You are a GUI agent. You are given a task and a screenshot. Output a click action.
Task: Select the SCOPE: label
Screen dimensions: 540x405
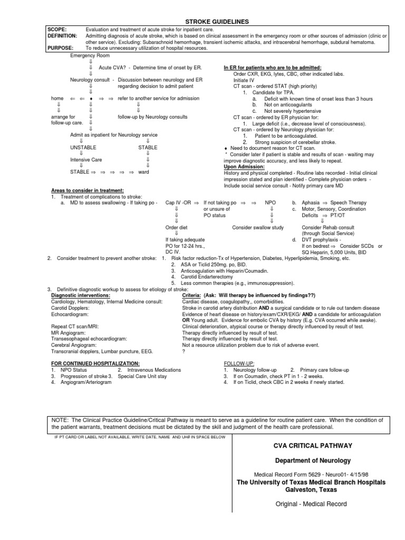[57, 29]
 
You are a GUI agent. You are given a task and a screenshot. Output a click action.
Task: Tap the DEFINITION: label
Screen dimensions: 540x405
[62, 35]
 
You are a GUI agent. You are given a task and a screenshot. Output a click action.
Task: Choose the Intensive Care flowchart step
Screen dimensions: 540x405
[86, 160]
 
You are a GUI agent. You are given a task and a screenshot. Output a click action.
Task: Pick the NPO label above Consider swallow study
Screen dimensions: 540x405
[271, 202]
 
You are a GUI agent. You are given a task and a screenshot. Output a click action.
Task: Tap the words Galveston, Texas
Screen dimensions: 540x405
[311, 490]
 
